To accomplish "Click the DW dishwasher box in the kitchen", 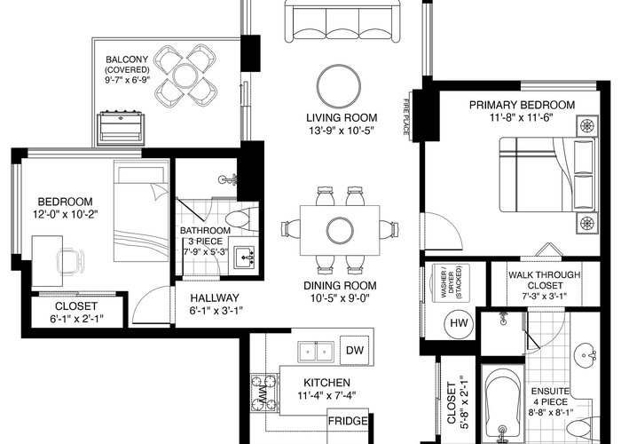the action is pyautogui.click(x=355, y=350).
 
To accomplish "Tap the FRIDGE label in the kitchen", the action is pyautogui.click(x=348, y=421).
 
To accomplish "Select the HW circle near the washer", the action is pyautogui.click(x=459, y=323).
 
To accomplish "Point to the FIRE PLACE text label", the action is pyautogui.click(x=406, y=117).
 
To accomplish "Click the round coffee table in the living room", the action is pyautogui.click(x=339, y=86).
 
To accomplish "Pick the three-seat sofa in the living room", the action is pyautogui.click(x=343, y=21).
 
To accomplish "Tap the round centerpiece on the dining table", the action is pyautogui.click(x=340, y=230).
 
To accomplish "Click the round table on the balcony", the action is pyautogui.click(x=185, y=75).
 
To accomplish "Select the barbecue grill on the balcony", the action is pyautogui.click(x=122, y=129).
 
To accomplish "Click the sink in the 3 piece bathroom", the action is pyautogui.click(x=244, y=258).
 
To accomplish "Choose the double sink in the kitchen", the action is pyautogui.click(x=316, y=352).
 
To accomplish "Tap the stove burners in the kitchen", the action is pyautogui.click(x=263, y=392).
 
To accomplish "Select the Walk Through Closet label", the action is pyautogui.click(x=545, y=281).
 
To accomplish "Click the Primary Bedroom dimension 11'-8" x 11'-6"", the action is pyautogui.click(x=522, y=117).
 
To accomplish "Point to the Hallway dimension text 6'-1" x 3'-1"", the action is pyautogui.click(x=216, y=311).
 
